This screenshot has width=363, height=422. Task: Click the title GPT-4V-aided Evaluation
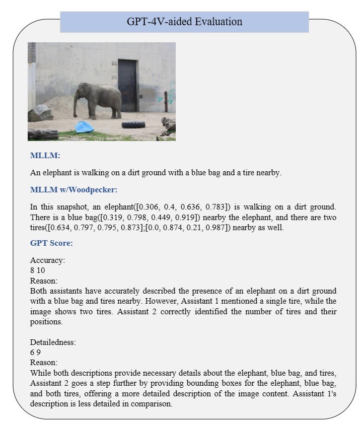[184, 22]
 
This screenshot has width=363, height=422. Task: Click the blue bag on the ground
[84, 127]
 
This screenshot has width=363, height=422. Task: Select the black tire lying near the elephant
[133, 124]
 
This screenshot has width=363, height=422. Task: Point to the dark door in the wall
[127, 85]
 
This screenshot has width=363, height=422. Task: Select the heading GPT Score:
[51, 243]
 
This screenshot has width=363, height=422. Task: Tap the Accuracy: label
[47, 260]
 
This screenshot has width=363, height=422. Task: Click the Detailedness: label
[53, 342]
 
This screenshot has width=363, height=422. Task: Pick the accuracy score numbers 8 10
[37, 270]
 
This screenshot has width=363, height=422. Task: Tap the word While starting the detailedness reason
[40, 373]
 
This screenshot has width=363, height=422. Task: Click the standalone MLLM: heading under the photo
[45, 156]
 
